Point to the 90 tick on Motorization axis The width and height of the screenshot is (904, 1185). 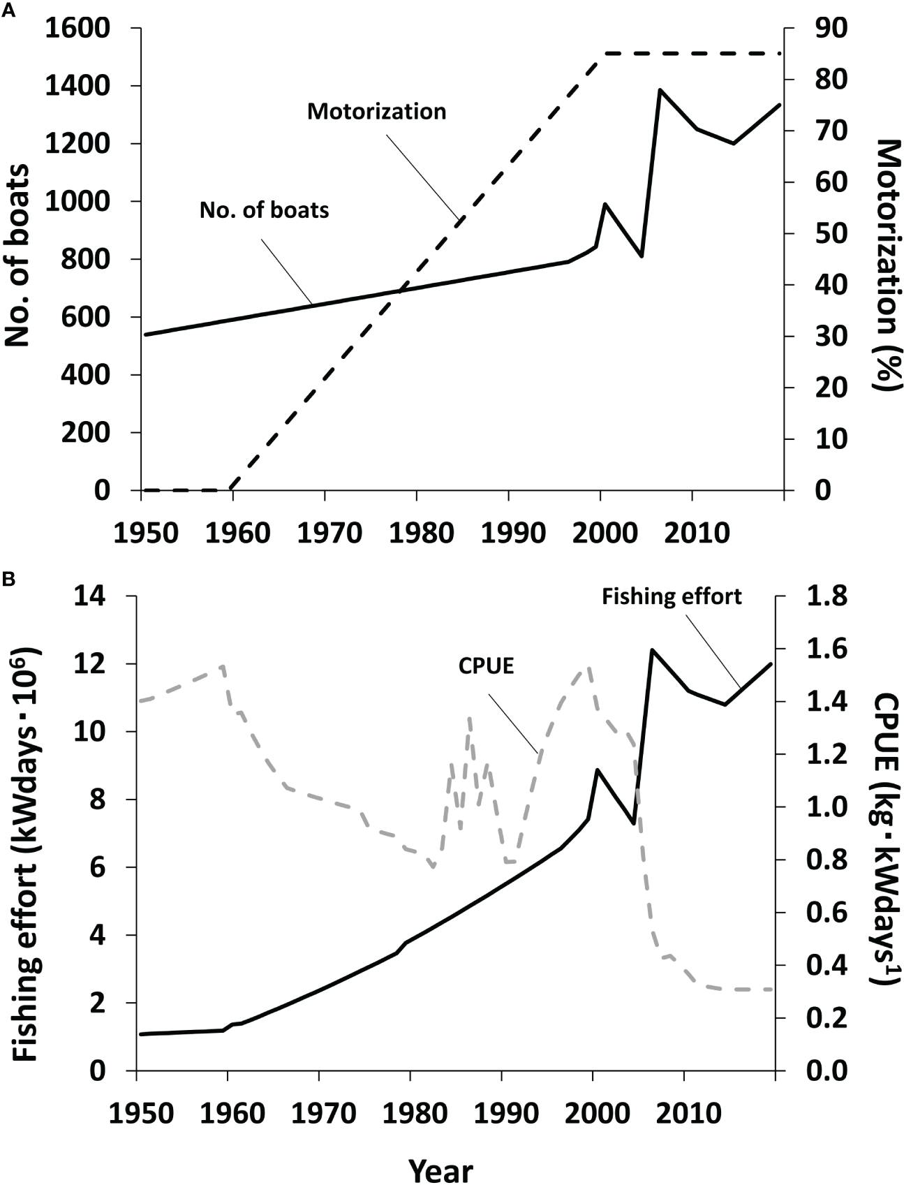pos(829,29)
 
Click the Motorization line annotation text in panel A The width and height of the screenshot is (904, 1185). pos(376,112)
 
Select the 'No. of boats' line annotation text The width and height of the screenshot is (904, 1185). pos(264,209)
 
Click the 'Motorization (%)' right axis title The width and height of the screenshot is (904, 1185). pos(887,265)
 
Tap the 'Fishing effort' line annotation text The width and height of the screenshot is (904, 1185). pos(672,597)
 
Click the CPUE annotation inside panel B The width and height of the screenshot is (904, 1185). pos(486,666)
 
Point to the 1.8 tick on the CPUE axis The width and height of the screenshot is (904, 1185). pos(828,597)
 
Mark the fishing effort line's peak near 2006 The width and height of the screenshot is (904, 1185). pos(651,650)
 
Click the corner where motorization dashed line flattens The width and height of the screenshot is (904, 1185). pos(604,54)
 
